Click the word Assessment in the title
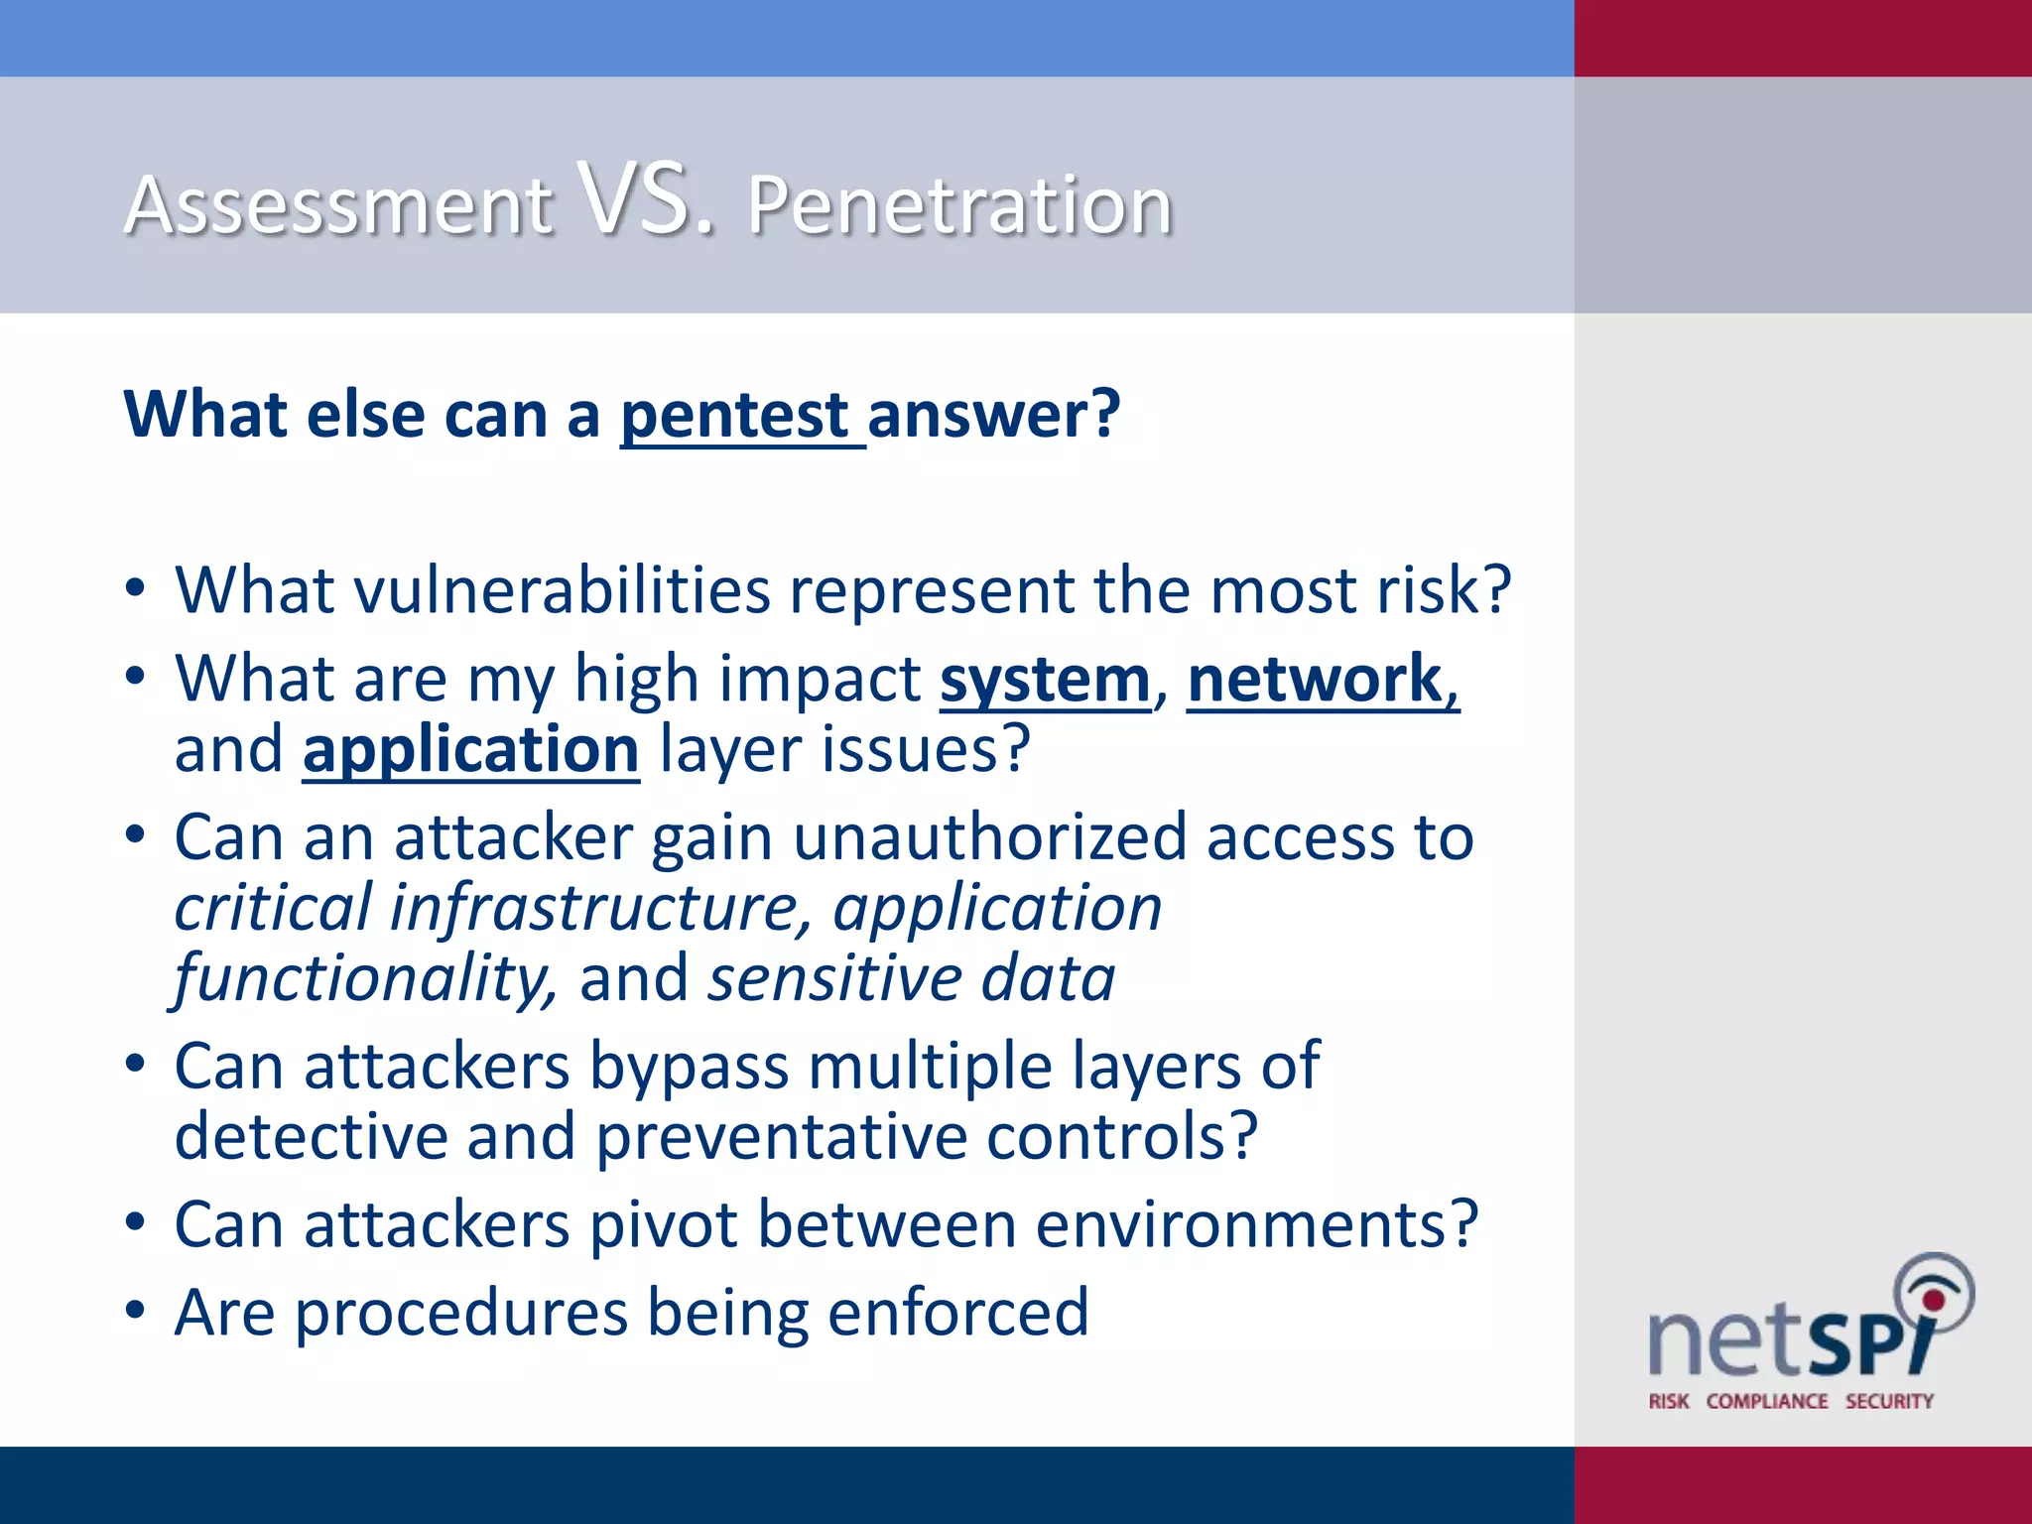coord(337,205)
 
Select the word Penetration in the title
coord(959,205)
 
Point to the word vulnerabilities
coord(563,590)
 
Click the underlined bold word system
coord(1045,681)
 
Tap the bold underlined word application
coord(470,750)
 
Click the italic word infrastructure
coord(600,908)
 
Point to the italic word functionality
coord(363,978)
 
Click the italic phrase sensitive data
coord(911,978)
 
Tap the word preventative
coord(780,1137)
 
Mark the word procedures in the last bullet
coord(460,1313)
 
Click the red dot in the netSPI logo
coord(1932,1300)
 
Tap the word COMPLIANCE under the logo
coord(1766,1401)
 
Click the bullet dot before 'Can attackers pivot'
coord(136,1222)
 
